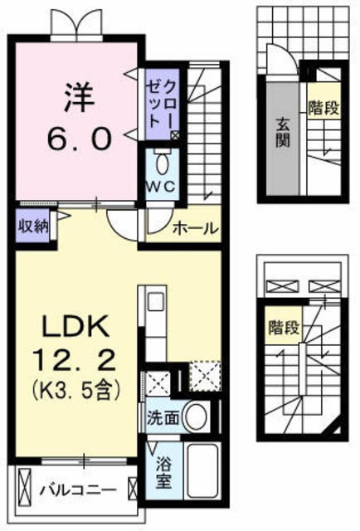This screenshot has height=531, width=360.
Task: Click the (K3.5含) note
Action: tap(72, 387)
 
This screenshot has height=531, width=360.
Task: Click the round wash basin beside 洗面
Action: tap(196, 416)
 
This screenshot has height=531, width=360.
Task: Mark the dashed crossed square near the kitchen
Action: tap(205, 374)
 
